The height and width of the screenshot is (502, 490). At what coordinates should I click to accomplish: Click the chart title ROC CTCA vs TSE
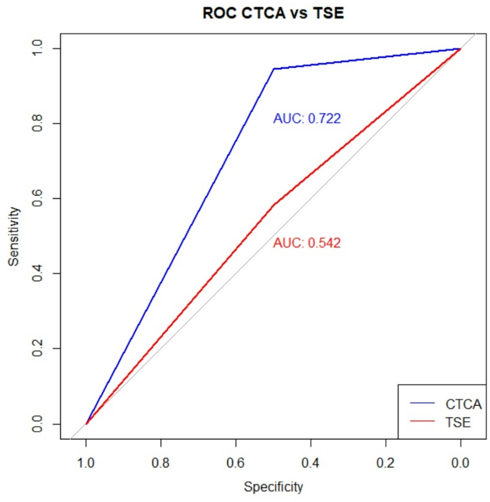(x=273, y=12)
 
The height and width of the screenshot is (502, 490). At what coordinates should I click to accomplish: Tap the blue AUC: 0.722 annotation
(x=307, y=118)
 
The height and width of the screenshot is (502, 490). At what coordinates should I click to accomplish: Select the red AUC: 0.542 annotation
(x=307, y=243)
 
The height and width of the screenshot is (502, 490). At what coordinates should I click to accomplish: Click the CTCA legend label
(x=463, y=404)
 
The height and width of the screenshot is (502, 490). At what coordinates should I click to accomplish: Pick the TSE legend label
(x=458, y=422)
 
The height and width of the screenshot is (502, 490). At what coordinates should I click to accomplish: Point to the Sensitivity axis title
(x=14, y=236)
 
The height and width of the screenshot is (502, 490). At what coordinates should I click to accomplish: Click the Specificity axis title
(x=273, y=487)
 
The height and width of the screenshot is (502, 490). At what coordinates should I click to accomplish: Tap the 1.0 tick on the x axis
(x=86, y=463)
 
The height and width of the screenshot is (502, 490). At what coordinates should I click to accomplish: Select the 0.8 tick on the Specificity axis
(x=161, y=463)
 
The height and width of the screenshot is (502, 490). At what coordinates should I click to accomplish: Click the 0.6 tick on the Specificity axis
(x=236, y=463)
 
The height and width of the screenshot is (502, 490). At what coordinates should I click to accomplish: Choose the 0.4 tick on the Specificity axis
(x=310, y=463)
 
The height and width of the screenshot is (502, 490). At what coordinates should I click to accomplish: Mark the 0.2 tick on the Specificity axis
(x=385, y=463)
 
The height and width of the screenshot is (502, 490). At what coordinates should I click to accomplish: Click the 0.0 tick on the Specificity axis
(x=460, y=463)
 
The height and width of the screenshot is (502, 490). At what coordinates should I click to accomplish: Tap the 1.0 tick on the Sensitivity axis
(x=37, y=48)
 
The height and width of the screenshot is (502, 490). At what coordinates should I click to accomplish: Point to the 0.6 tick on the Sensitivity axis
(x=37, y=198)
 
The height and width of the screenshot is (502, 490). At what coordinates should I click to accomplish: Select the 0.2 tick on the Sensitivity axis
(x=37, y=348)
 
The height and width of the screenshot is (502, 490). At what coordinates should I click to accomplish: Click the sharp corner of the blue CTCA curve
(x=274, y=69)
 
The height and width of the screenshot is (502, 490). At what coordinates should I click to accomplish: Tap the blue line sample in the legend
(x=422, y=403)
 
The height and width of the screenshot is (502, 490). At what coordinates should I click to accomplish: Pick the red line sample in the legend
(x=422, y=421)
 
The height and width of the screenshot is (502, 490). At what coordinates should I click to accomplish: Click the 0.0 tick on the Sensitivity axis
(x=37, y=424)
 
